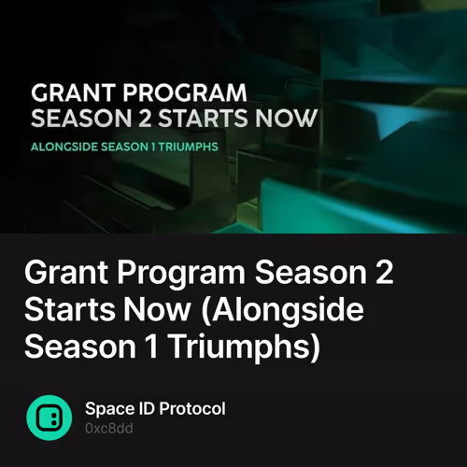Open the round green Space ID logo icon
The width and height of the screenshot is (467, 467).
coord(48,417)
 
